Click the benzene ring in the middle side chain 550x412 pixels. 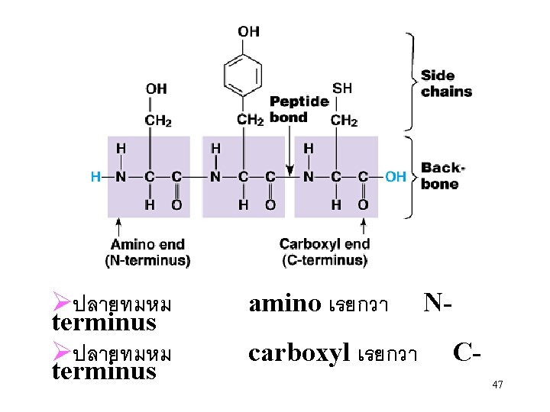click(x=243, y=76)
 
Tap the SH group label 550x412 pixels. click(x=342, y=89)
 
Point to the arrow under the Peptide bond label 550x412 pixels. click(x=289, y=152)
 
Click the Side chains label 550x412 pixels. click(x=447, y=83)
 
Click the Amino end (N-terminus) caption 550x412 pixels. click(x=147, y=253)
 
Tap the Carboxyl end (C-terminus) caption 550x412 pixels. click(x=325, y=253)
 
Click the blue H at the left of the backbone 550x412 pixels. click(x=95, y=177)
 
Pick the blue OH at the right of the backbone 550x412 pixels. click(x=396, y=177)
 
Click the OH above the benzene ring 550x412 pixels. click(x=248, y=31)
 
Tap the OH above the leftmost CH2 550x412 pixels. click(x=156, y=89)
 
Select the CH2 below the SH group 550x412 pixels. click(x=344, y=120)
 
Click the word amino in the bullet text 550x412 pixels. click(x=285, y=304)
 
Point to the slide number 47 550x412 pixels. click(x=497, y=385)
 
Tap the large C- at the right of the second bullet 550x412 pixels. click(x=466, y=352)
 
